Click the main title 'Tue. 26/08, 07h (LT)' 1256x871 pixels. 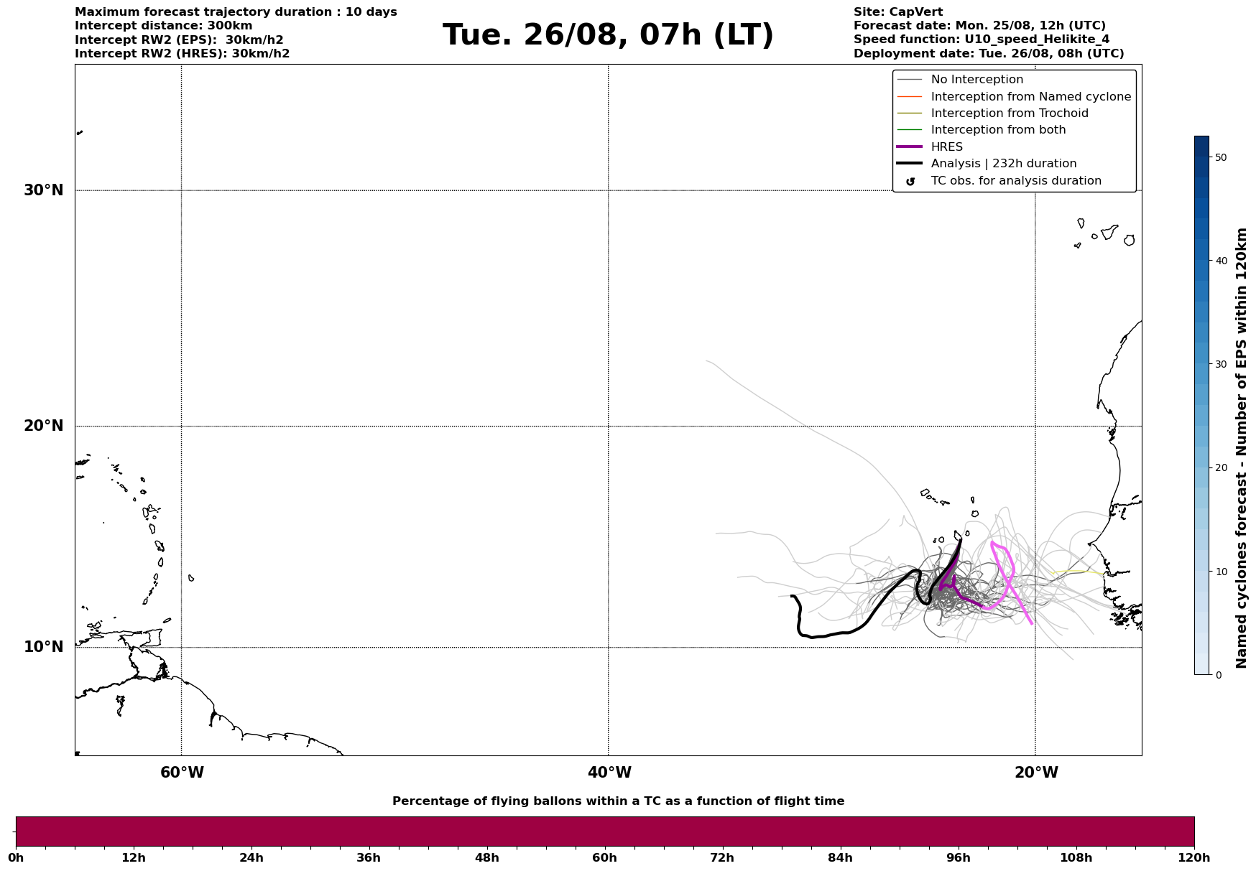pyautogui.click(x=608, y=35)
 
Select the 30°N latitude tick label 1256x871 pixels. pyautogui.click(x=44, y=190)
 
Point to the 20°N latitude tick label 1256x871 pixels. pyautogui.click(x=44, y=426)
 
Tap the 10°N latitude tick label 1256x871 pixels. pyautogui.click(x=44, y=647)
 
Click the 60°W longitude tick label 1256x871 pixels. pyautogui.click(x=182, y=773)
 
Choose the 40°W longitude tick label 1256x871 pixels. pyautogui.click(x=609, y=773)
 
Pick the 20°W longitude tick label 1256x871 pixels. pyautogui.click(x=1036, y=773)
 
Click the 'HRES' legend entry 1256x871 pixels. pyautogui.click(x=946, y=147)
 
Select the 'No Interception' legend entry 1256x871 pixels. pyautogui.click(x=976, y=80)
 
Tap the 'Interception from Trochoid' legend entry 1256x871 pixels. pyautogui.click(x=1009, y=113)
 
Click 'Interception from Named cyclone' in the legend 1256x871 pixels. pyautogui.click(x=1030, y=97)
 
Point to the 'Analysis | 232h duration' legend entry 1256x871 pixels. pyautogui.click(x=1003, y=164)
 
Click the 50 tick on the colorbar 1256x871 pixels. pyautogui.click(x=1220, y=157)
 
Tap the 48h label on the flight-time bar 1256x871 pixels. pyautogui.click(x=486, y=858)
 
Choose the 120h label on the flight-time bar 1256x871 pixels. pyautogui.click(x=1194, y=858)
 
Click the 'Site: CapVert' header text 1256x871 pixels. pyautogui.click(x=897, y=12)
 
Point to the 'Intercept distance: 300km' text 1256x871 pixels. pyautogui.click(x=163, y=26)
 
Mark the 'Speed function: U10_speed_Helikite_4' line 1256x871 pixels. pyautogui.click(x=981, y=39)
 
